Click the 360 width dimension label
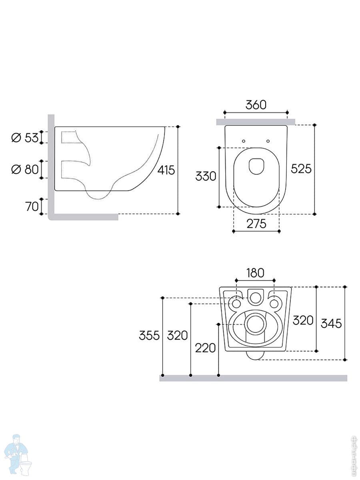(x=256, y=105)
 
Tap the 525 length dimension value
(x=301, y=169)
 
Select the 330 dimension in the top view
(x=206, y=176)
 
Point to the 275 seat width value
(x=256, y=224)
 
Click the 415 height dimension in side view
(x=166, y=170)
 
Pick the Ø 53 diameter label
(x=25, y=138)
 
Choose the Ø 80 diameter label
(x=25, y=170)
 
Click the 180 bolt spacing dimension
(x=255, y=273)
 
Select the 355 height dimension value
(x=149, y=335)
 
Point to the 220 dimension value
(x=205, y=348)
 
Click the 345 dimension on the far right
(x=331, y=323)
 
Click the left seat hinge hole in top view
(x=243, y=140)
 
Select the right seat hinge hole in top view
(x=268, y=140)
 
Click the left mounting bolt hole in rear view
(x=236, y=304)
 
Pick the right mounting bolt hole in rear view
(x=274, y=304)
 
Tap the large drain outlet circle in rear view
(x=255, y=324)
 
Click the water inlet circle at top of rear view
(x=255, y=297)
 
